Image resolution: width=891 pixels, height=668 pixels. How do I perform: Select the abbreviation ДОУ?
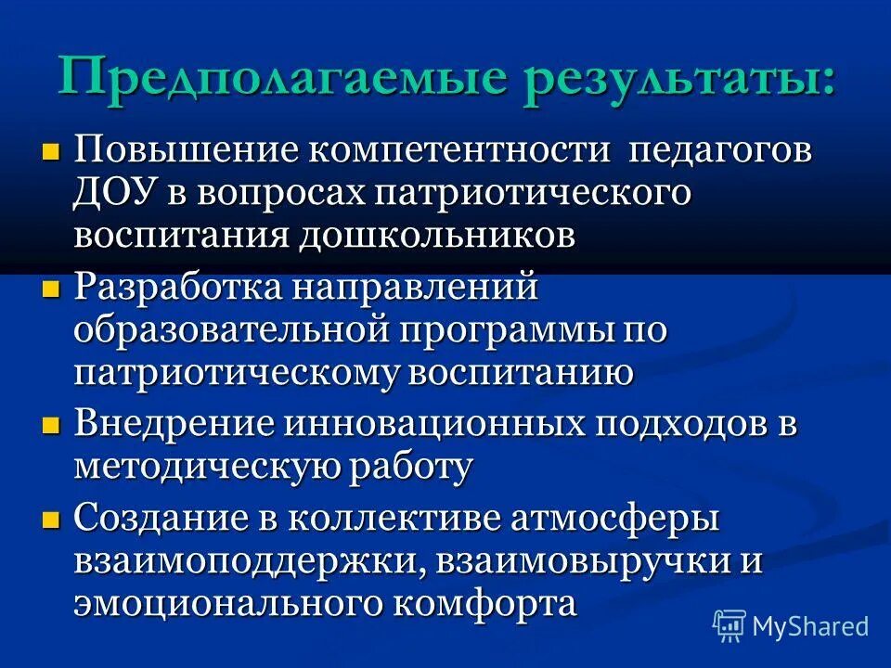click(115, 193)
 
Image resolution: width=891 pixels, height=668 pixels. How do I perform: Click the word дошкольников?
click(436, 235)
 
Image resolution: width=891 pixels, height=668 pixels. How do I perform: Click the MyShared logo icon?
click(730, 625)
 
